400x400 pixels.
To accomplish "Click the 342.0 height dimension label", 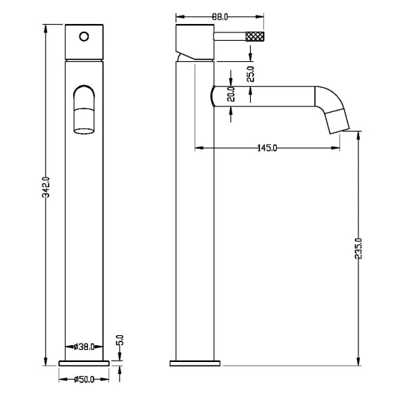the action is pos(46,187).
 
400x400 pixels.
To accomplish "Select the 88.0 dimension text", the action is pos(220,17).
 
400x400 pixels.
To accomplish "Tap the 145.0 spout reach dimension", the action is pos(267,148).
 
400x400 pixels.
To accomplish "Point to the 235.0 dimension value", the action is pos(358,248).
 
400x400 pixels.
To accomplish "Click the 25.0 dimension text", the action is pos(251,74).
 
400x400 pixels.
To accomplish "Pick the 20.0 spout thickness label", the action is pos(231,94).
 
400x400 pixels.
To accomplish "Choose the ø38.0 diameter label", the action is pos(85,346).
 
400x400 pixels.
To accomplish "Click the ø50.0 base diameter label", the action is pos(85,380).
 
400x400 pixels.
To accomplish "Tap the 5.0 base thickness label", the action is pos(120,340).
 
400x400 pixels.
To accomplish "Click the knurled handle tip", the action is pos(255,36).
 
